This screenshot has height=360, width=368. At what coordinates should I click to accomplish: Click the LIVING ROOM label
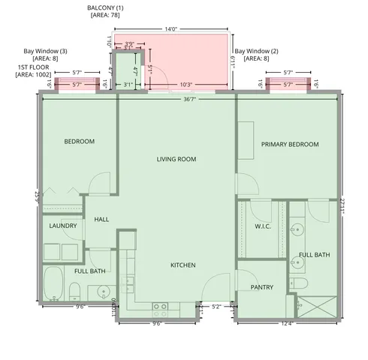[176, 159]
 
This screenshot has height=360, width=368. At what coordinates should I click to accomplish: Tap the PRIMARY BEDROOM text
[290, 145]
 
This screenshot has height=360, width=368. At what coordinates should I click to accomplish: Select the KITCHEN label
[182, 265]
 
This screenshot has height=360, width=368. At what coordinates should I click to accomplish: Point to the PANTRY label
[262, 287]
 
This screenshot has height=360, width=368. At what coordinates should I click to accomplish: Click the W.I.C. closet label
[262, 226]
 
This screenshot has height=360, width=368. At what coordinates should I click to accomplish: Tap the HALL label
[102, 220]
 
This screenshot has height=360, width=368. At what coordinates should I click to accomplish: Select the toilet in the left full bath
[74, 291]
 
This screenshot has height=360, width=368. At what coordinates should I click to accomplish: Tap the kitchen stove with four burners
[160, 306]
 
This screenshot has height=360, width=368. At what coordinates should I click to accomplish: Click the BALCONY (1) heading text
[104, 7]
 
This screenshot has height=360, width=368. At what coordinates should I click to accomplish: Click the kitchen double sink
[127, 283]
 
